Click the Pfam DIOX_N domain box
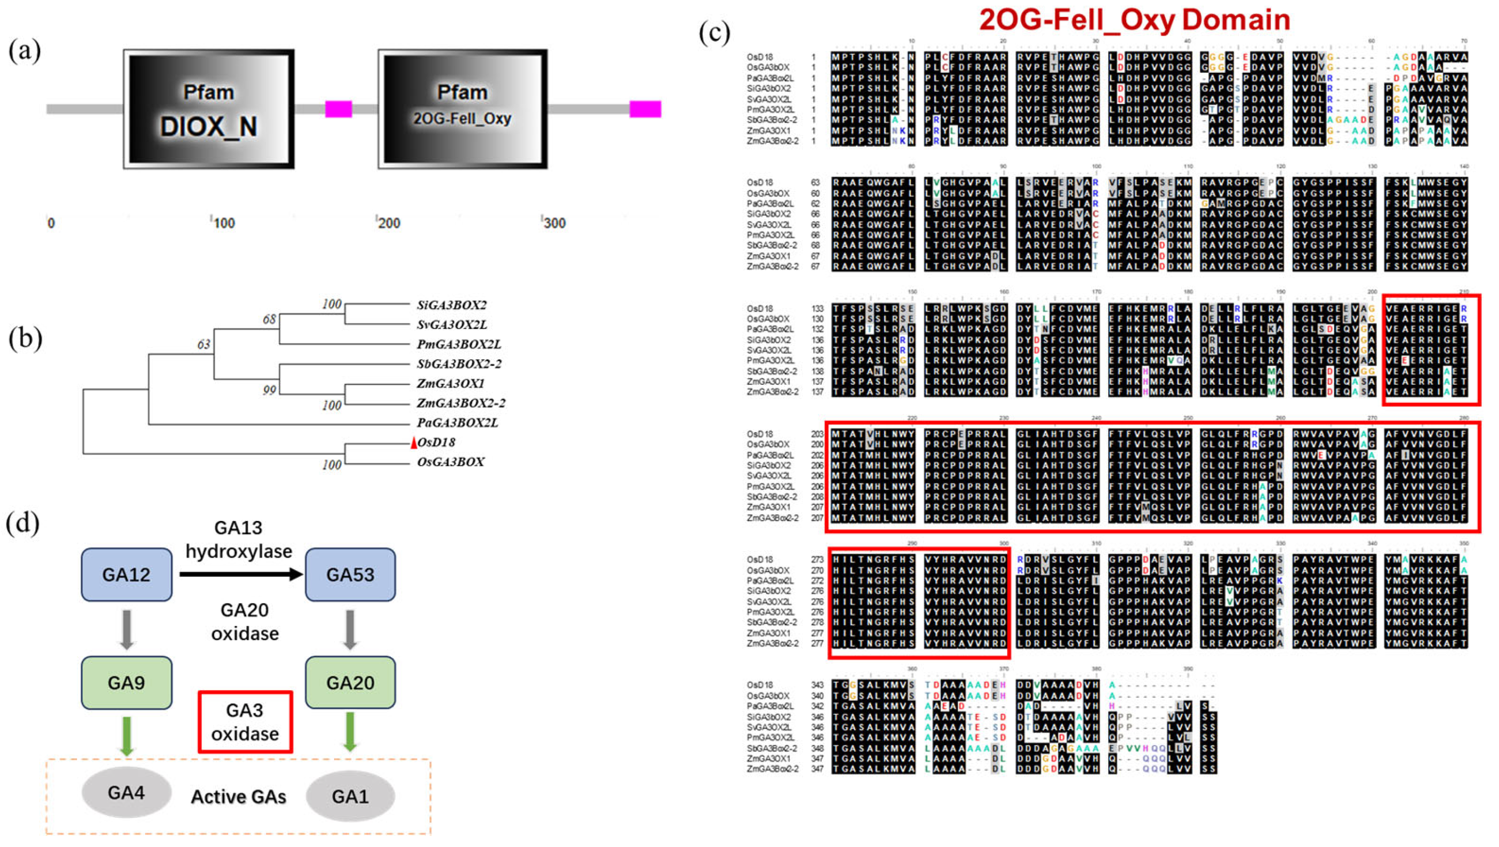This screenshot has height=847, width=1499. pos(208,110)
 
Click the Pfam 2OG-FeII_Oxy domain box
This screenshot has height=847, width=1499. pos(462,110)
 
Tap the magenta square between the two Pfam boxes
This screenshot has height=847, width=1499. pos(338,109)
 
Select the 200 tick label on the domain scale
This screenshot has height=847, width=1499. pos(389,223)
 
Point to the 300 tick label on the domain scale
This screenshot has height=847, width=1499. pos(554,223)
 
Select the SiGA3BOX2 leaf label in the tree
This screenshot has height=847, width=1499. pos(452,305)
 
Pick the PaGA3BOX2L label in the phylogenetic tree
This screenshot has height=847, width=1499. pos(457,422)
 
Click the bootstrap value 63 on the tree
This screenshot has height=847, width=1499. pos(203,345)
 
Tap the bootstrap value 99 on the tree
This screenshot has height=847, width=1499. pos(269,390)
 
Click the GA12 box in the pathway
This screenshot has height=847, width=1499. pos(126,575)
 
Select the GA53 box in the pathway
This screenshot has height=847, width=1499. pos(350,575)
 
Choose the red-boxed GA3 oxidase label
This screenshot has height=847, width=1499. pos(245,722)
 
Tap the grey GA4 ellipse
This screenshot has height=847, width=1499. pos(126,793)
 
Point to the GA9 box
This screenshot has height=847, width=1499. pos(126,682)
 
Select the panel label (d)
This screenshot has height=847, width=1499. pos(23,523)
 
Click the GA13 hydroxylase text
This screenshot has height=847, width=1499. pos(239,539)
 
